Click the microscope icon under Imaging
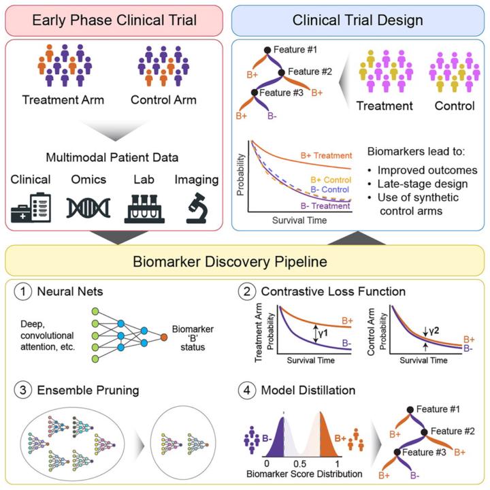196,208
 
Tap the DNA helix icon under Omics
88,208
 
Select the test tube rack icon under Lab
144,209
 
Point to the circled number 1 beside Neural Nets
23,291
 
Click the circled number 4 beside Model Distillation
247,391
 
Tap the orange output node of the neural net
164,337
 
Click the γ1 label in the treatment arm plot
323,333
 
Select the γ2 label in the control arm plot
434,331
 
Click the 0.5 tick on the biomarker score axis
299,463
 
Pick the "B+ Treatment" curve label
326,156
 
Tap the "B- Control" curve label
329,190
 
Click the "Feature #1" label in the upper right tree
295,50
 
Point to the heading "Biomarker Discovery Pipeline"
230,261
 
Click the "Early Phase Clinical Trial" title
114,20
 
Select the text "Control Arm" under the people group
163,100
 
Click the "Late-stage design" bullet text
423,184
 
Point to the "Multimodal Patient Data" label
112,157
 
